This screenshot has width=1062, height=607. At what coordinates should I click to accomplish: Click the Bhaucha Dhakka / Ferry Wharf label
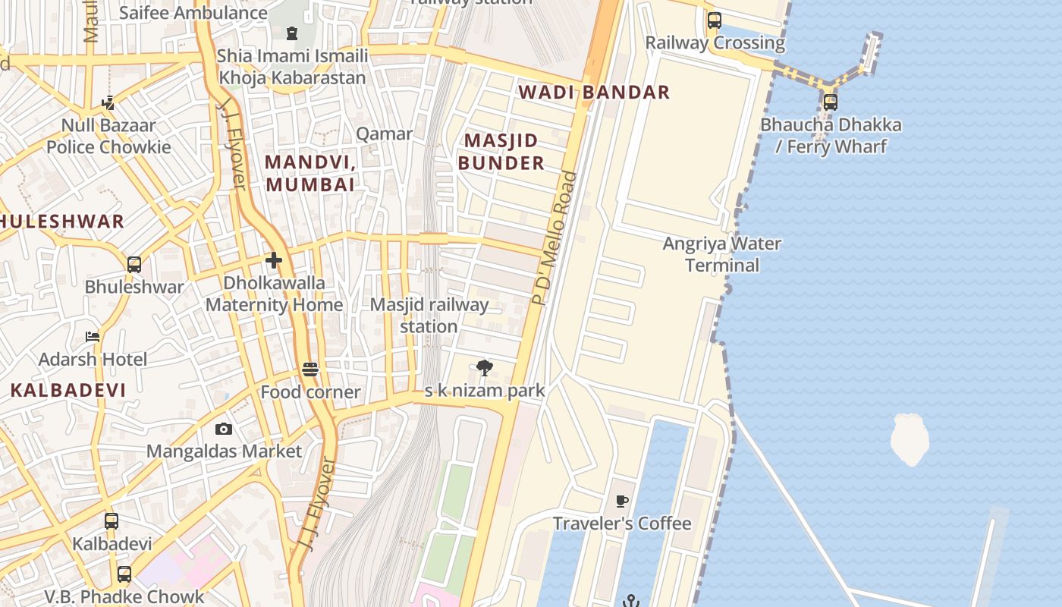831,135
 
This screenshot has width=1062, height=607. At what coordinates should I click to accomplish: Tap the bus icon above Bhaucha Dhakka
831,102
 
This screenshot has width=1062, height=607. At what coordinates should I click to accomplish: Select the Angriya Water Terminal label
721,254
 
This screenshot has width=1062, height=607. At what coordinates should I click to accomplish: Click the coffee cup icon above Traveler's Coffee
622,501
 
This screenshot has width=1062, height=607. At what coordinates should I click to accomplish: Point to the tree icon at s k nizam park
485,369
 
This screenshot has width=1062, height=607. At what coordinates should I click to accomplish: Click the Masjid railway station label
429,315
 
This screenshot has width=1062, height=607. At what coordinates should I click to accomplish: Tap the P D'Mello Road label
555,238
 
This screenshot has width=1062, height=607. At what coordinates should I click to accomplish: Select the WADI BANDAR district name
594,93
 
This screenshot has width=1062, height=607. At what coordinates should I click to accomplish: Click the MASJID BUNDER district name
501,152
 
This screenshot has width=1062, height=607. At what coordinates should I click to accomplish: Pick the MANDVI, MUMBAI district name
310,173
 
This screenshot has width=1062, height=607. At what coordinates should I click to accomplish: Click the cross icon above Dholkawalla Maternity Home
274,261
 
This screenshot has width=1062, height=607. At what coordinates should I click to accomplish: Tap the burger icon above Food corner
310,370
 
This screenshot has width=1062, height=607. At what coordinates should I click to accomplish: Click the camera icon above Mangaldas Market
224,429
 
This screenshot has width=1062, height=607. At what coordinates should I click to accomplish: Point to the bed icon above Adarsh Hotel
93,336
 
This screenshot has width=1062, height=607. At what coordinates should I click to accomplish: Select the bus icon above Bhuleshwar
134,265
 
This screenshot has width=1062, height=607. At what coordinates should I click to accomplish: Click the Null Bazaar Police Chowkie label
108,136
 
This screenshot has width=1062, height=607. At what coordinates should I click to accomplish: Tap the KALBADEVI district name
68,390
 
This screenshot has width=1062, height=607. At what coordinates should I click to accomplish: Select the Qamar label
385,134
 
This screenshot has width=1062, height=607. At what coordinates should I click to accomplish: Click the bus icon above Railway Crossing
715,20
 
